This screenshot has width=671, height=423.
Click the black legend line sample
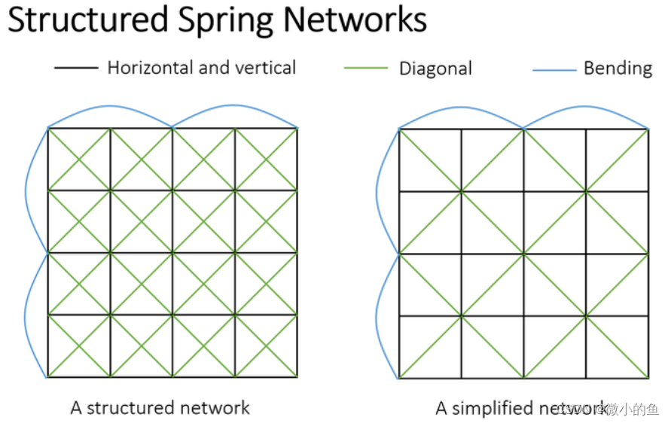[x=76, y=68]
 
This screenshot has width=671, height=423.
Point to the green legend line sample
[x=365, y=68]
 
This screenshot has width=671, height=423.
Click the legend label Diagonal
[x=435, y=68]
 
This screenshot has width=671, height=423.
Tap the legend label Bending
[x=618, y=68]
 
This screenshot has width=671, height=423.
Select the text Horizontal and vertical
[x=201, y=68]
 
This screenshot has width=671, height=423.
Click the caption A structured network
[x=160, y=408]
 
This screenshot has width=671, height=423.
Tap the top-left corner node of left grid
[x=48, y=128]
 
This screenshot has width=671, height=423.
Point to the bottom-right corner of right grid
[x=648, y=378]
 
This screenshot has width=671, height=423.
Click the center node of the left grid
[x=172, y=253]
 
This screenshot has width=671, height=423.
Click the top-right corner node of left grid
[x=297, y=128]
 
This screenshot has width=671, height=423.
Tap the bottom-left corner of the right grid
[x=399, y=378]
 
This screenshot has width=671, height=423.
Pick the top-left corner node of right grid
[x=399, y=129]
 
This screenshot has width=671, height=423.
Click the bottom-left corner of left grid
[x=48, y=377]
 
